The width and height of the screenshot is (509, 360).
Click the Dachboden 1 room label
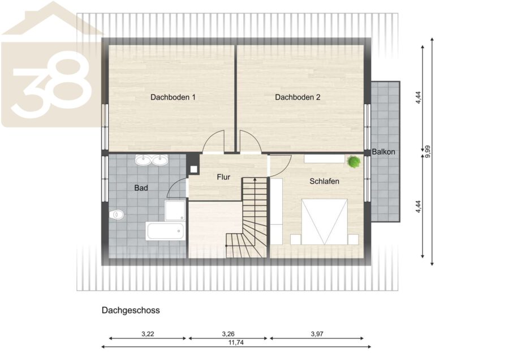(x=172, y=97)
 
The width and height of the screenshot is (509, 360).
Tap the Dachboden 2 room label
(x=297, y=97)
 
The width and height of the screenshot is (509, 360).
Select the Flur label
(x=223, y=177)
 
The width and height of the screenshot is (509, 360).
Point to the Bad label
(x=141, y=188)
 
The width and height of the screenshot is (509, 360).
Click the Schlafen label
(x=324, y=181)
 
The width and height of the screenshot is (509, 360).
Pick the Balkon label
(x=383, y=152)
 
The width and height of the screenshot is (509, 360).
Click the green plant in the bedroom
(x=353, y=161)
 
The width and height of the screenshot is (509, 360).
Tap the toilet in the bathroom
(x=117, y=215)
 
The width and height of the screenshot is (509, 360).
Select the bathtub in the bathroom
(x=166, y=231)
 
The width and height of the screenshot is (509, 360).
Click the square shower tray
(x=175, y=211)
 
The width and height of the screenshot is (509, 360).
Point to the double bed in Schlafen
(x=324, y=222)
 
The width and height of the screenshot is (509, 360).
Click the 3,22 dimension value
(x=148, y=334)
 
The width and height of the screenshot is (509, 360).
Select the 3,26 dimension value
(x=228, y=334)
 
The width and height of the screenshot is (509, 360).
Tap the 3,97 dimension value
(x=317, y=334)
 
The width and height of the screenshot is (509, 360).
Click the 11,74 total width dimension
(x=236, y=342)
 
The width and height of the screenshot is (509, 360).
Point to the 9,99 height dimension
(x=428, y=151)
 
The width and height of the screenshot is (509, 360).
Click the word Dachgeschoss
(x=131, y=310)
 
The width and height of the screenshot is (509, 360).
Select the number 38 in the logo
(x=52, y=85)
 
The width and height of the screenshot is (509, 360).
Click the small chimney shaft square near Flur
(x=194, y=169)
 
